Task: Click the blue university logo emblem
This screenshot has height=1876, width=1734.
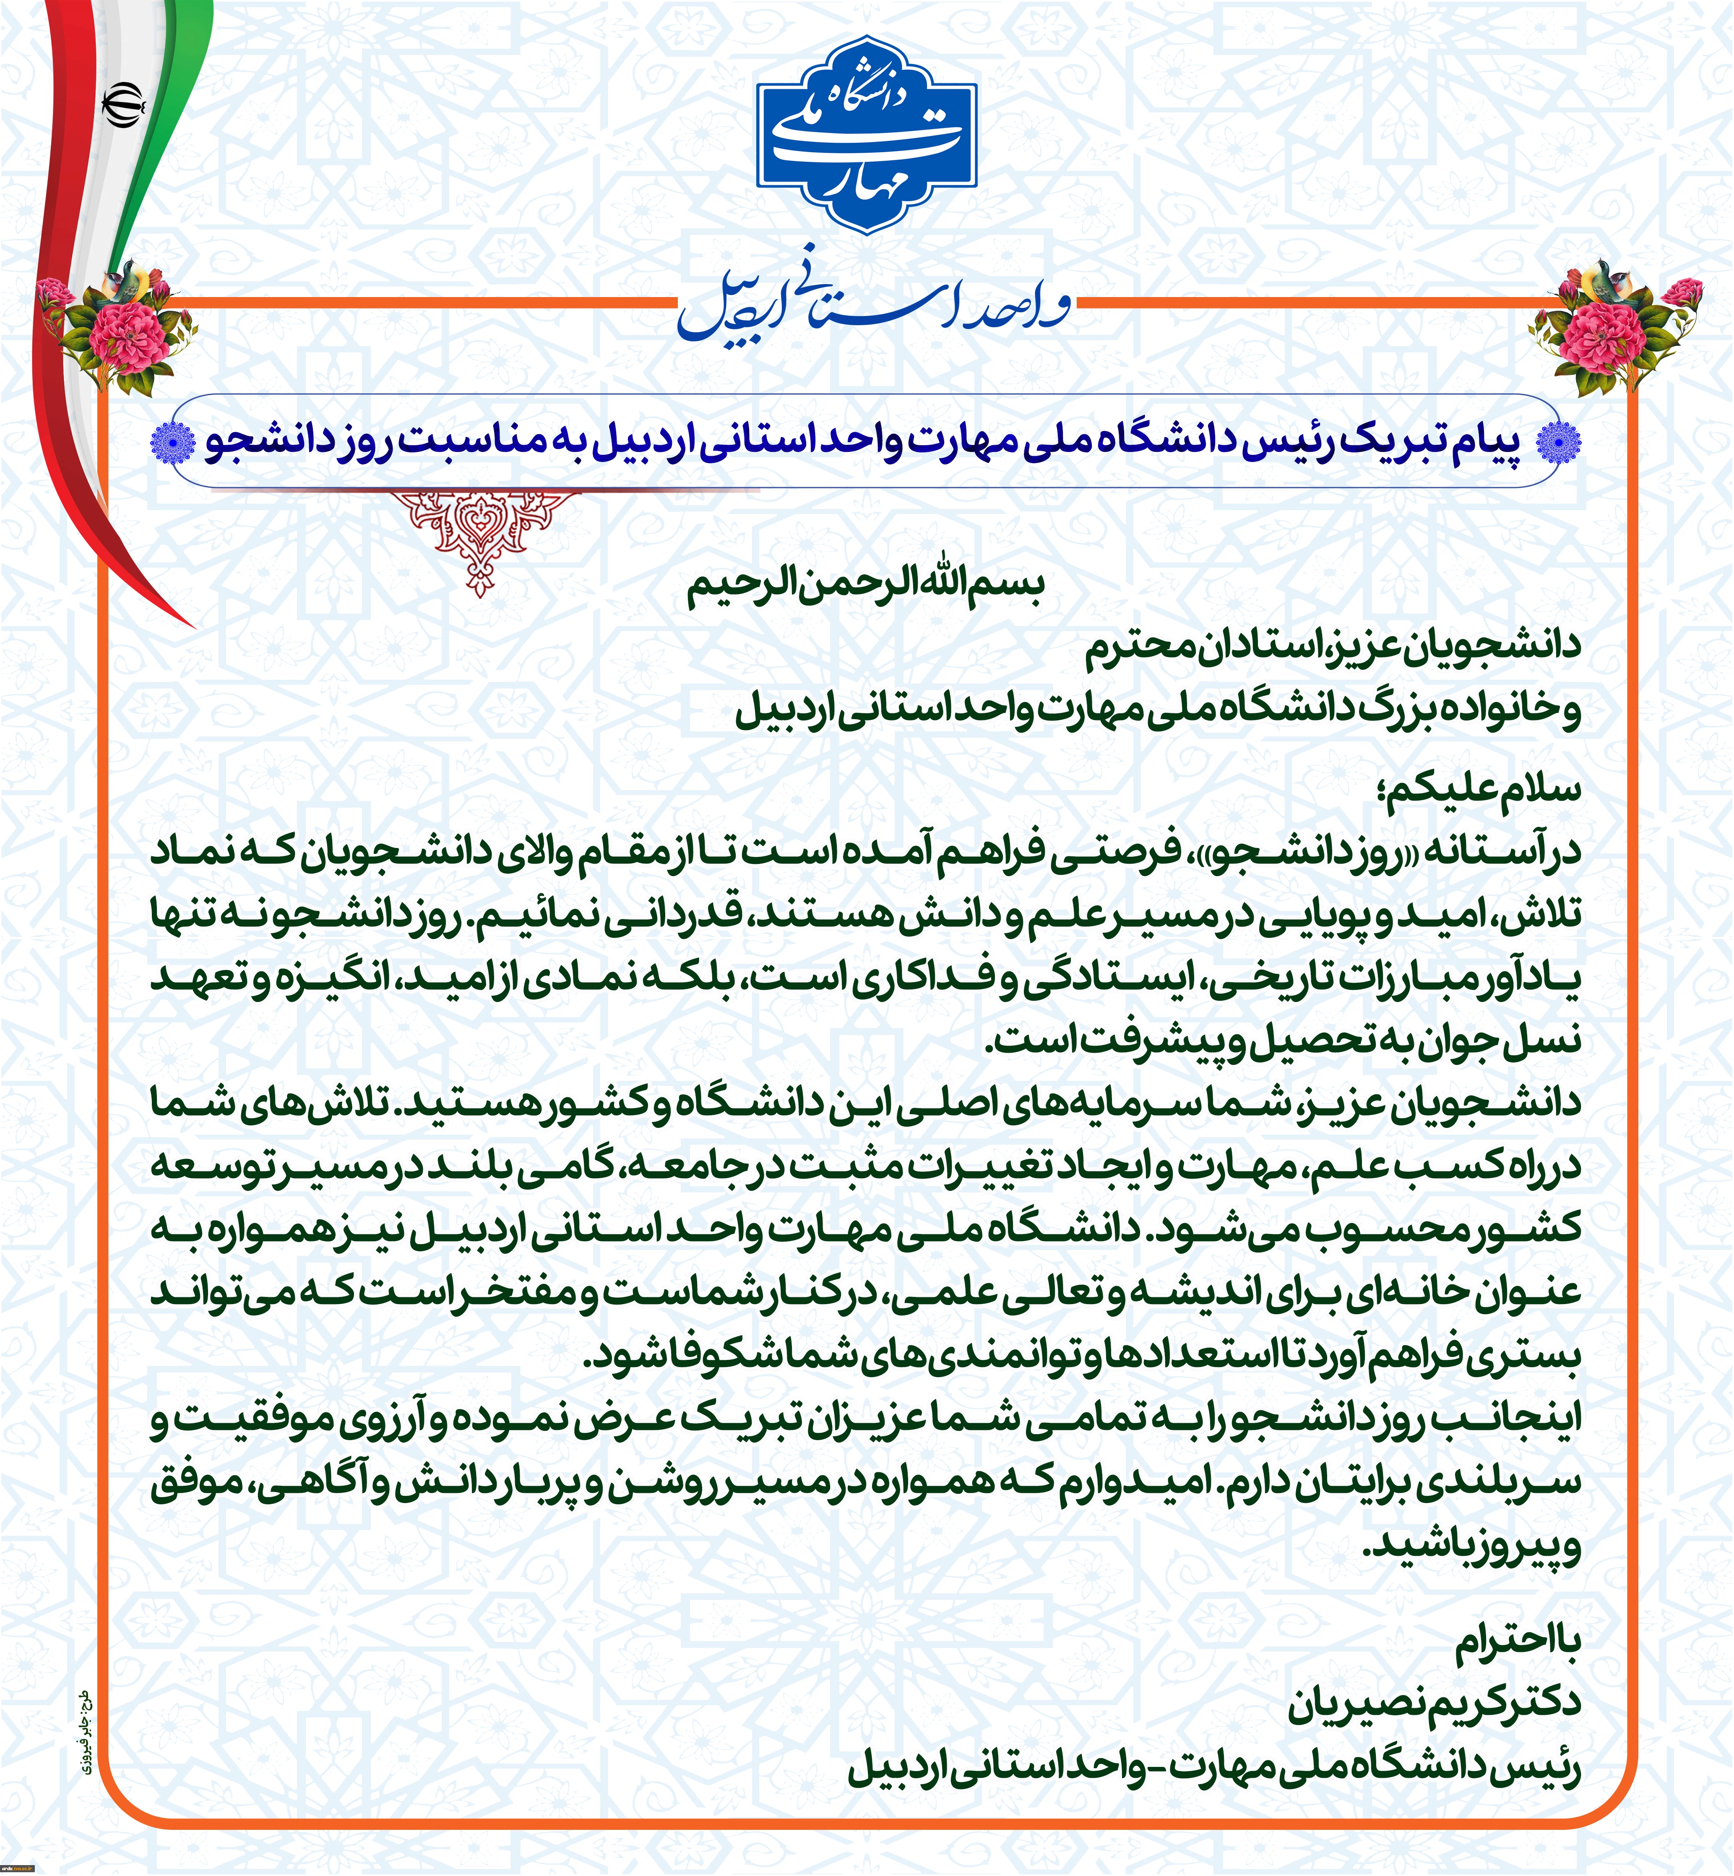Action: [867, 136]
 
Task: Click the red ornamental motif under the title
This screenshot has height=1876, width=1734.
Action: [480, 535]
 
